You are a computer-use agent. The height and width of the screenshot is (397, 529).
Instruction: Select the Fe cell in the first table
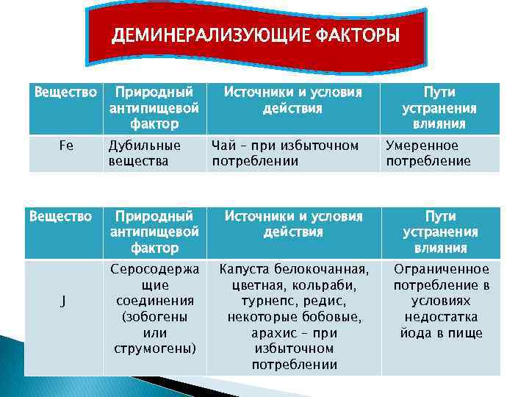pos(65,146)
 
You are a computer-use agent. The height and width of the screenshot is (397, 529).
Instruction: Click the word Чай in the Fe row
pos(223,146)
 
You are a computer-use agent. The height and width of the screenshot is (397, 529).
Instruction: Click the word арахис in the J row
pos(273,333)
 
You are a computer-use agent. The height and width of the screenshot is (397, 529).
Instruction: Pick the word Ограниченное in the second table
pos(441,269)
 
